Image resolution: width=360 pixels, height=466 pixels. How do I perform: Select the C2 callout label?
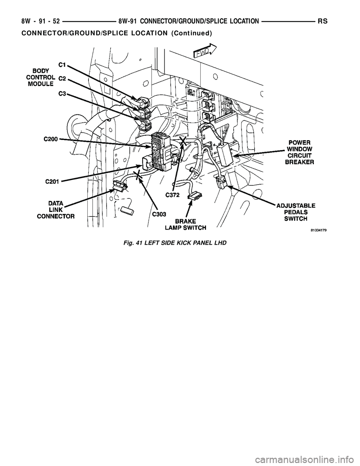(x=62, y=79)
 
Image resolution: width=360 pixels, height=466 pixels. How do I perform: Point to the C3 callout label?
(x=62, y=93)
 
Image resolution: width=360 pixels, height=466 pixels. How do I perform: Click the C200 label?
(x=51, y=139)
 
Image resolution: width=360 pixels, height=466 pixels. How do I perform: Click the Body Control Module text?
(x=42, y=77)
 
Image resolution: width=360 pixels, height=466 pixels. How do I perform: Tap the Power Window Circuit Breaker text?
(x=299, y=152)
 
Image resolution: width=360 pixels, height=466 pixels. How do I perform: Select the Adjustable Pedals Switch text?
(x=296, y=212)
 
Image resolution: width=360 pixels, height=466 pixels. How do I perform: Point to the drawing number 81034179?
(x=318, y=231)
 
